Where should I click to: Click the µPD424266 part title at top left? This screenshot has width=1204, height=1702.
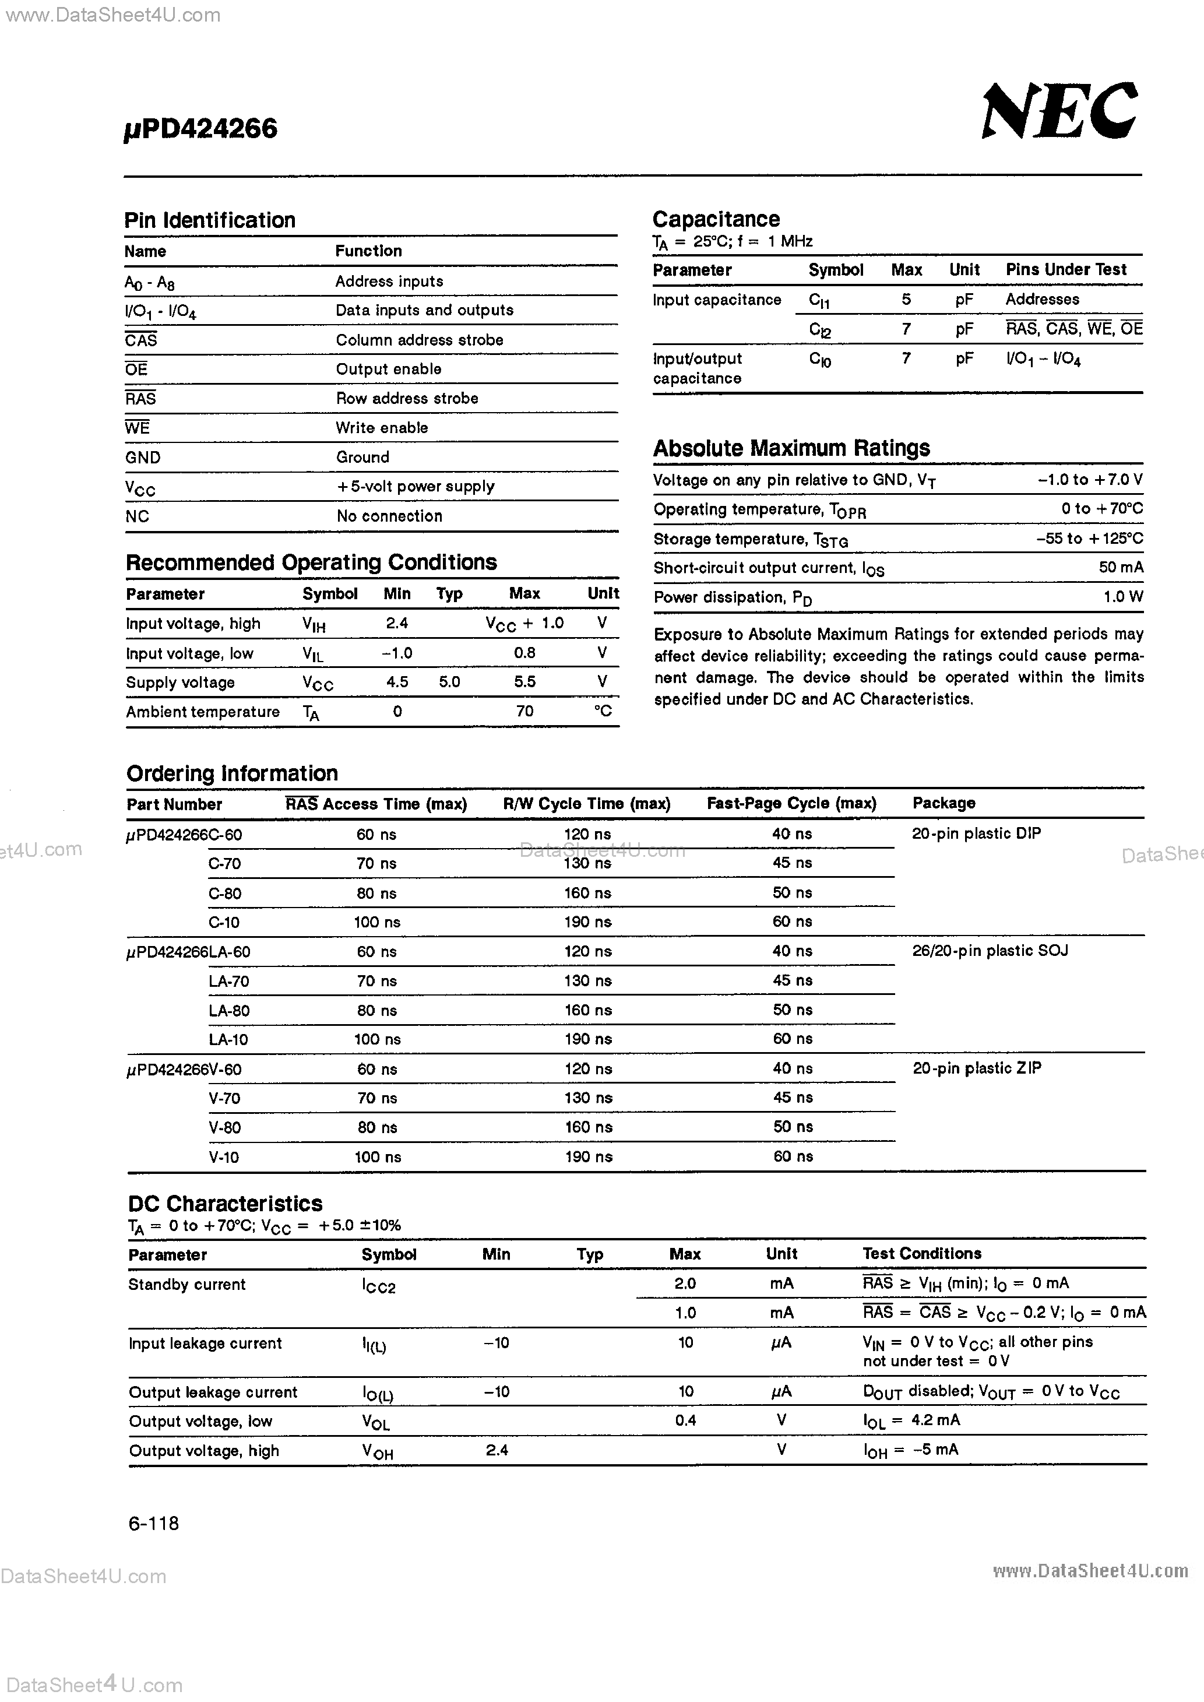pos(200,129)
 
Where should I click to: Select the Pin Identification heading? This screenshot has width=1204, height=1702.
pos(210,220)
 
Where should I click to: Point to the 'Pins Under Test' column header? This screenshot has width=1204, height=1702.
pos(1065,270)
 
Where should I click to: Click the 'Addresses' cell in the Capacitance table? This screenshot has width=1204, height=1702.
pos(1041,300)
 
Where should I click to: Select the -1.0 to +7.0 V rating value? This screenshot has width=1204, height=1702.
pos(1090,480)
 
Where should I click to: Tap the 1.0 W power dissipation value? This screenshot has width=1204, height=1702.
pos(1122,597)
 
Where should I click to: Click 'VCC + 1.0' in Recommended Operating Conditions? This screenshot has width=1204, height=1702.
pos(524,624)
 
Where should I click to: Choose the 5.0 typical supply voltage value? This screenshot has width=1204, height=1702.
pos(449,682)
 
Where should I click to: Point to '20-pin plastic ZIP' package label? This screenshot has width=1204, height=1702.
pos(976,1068)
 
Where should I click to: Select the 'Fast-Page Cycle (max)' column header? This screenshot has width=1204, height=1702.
pos(791,804)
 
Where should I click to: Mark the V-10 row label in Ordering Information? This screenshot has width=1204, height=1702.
pos(223,1157)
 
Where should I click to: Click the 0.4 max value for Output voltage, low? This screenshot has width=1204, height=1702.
pos(685,1420)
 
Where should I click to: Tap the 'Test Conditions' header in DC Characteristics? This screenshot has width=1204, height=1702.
pos(921,1254)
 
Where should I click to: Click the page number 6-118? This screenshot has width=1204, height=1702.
pos(153,1524)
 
